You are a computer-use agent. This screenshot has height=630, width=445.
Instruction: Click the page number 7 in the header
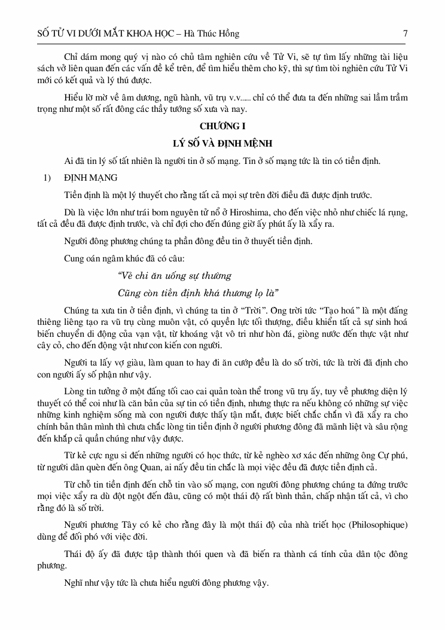click(405, 34)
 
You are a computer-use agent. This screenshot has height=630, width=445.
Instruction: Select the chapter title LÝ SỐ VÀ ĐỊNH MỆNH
click(222, 144)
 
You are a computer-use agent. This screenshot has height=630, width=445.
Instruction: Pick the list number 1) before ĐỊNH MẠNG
click(42, 178)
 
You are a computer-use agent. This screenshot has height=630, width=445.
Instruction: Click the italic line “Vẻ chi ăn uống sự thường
click(175, 276)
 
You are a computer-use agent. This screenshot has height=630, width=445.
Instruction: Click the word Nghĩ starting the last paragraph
click(74, 581)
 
